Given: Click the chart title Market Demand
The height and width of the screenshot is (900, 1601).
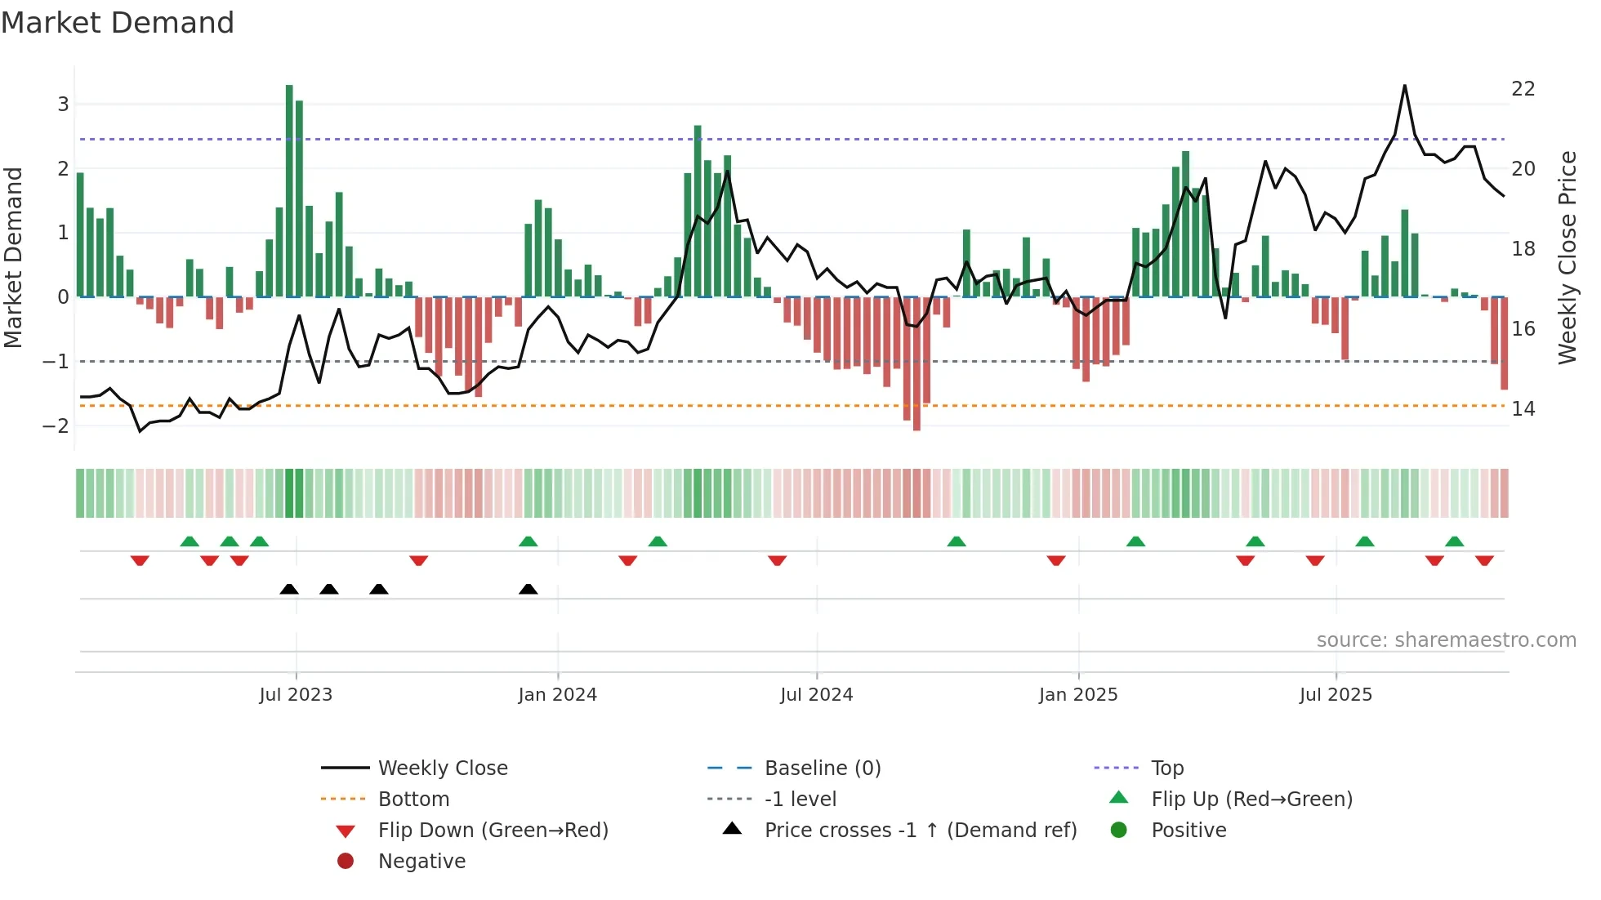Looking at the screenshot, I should coord(118,23).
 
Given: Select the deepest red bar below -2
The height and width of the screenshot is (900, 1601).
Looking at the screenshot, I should coord(916,363).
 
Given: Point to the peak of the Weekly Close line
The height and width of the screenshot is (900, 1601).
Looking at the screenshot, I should coord(1405,86).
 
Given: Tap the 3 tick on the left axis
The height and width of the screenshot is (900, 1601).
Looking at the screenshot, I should coord(63,105).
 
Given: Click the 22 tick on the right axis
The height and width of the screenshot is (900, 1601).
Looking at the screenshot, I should coord(1523,89).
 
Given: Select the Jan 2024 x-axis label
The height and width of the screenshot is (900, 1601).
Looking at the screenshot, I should coord(557,695).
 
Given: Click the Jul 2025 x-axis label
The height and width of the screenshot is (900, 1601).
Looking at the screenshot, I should coord(1336,695).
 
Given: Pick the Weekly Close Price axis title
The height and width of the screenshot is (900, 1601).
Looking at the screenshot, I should coord(1567,257).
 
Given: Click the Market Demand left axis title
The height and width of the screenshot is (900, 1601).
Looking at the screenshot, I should coord(13,257).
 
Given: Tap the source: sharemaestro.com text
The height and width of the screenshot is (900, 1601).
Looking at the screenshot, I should coord(1446,640).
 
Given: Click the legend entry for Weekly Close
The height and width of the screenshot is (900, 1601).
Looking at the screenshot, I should coord(442,769).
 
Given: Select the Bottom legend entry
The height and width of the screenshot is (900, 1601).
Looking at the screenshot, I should coord(413,800).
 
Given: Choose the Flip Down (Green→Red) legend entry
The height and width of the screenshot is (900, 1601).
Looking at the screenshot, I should coord(493,831).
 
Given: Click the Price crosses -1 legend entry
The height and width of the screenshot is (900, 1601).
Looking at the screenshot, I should coord(920,831).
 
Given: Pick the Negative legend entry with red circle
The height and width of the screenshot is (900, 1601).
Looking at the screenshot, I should coord(421,862).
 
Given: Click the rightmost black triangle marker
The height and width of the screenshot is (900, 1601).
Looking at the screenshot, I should coord(528,590).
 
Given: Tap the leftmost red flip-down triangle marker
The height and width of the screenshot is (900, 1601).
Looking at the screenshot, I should coord(140,560).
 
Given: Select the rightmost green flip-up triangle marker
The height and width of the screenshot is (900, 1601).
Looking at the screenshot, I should coord(1454,541).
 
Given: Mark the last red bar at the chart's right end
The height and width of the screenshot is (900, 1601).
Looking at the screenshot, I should coord(1504,343).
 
